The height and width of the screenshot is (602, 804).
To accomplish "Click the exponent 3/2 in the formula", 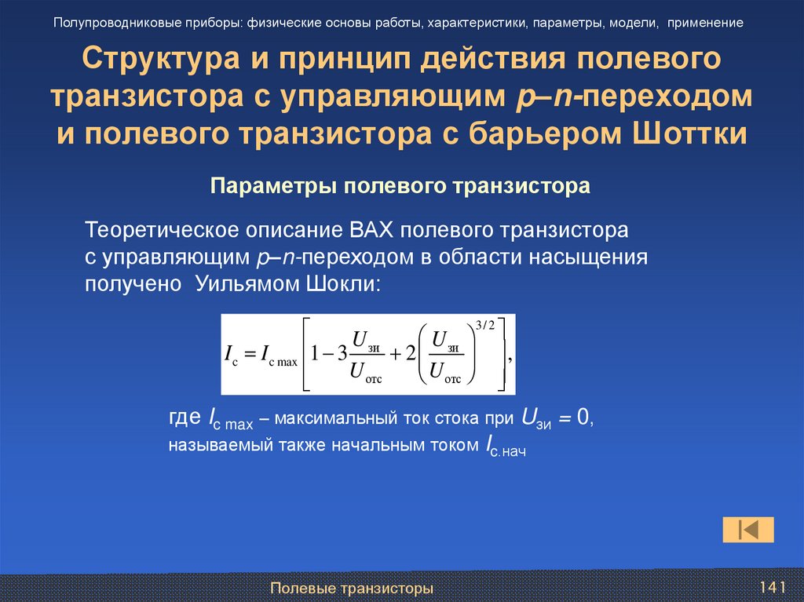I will pos(486,325).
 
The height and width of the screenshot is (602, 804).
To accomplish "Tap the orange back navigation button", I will pos(747,529).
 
